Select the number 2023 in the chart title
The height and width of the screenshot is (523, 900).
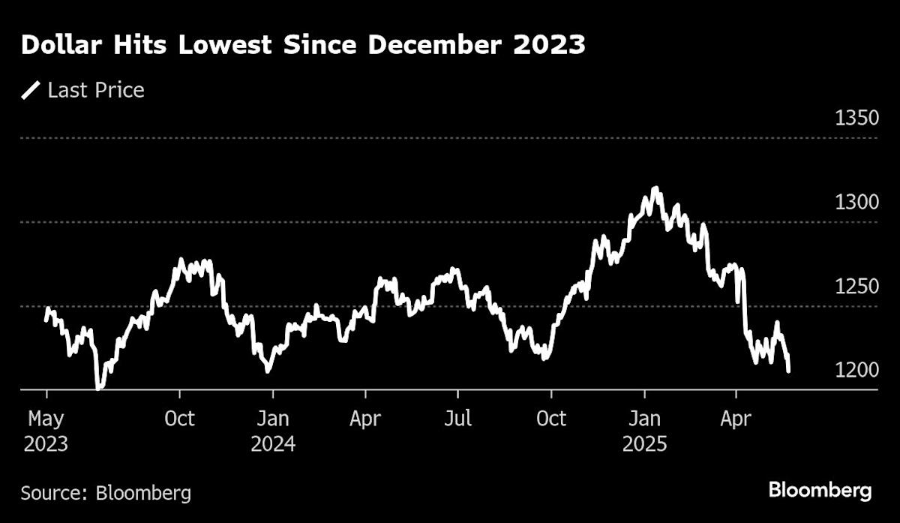coord(553,47)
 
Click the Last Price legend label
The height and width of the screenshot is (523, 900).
coord(95,91)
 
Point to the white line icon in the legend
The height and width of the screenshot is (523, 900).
coord(31,91)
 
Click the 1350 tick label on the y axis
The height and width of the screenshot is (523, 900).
coord(855,119)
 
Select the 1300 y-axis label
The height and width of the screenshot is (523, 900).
coord(855,203)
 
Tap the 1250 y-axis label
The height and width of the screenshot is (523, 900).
coord(855,287)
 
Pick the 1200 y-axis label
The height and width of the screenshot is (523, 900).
coord(855,371)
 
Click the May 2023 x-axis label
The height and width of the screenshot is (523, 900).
coord(46,431)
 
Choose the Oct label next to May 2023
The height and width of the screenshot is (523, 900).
coord(179,418)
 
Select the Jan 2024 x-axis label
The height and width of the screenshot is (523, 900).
coord(273,431)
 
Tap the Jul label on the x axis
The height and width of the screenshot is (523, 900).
coord(457,418)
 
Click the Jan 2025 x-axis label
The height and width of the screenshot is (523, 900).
coord(644,431)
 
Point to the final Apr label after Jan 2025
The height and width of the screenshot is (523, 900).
coord(736,418)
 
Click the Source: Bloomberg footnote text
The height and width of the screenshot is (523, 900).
coord(106,493)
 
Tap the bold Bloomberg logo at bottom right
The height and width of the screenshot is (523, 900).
coord(820,491)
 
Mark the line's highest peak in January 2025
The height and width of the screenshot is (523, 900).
coord(656,188)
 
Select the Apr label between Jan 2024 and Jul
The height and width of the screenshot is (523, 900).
coord(365,418)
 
